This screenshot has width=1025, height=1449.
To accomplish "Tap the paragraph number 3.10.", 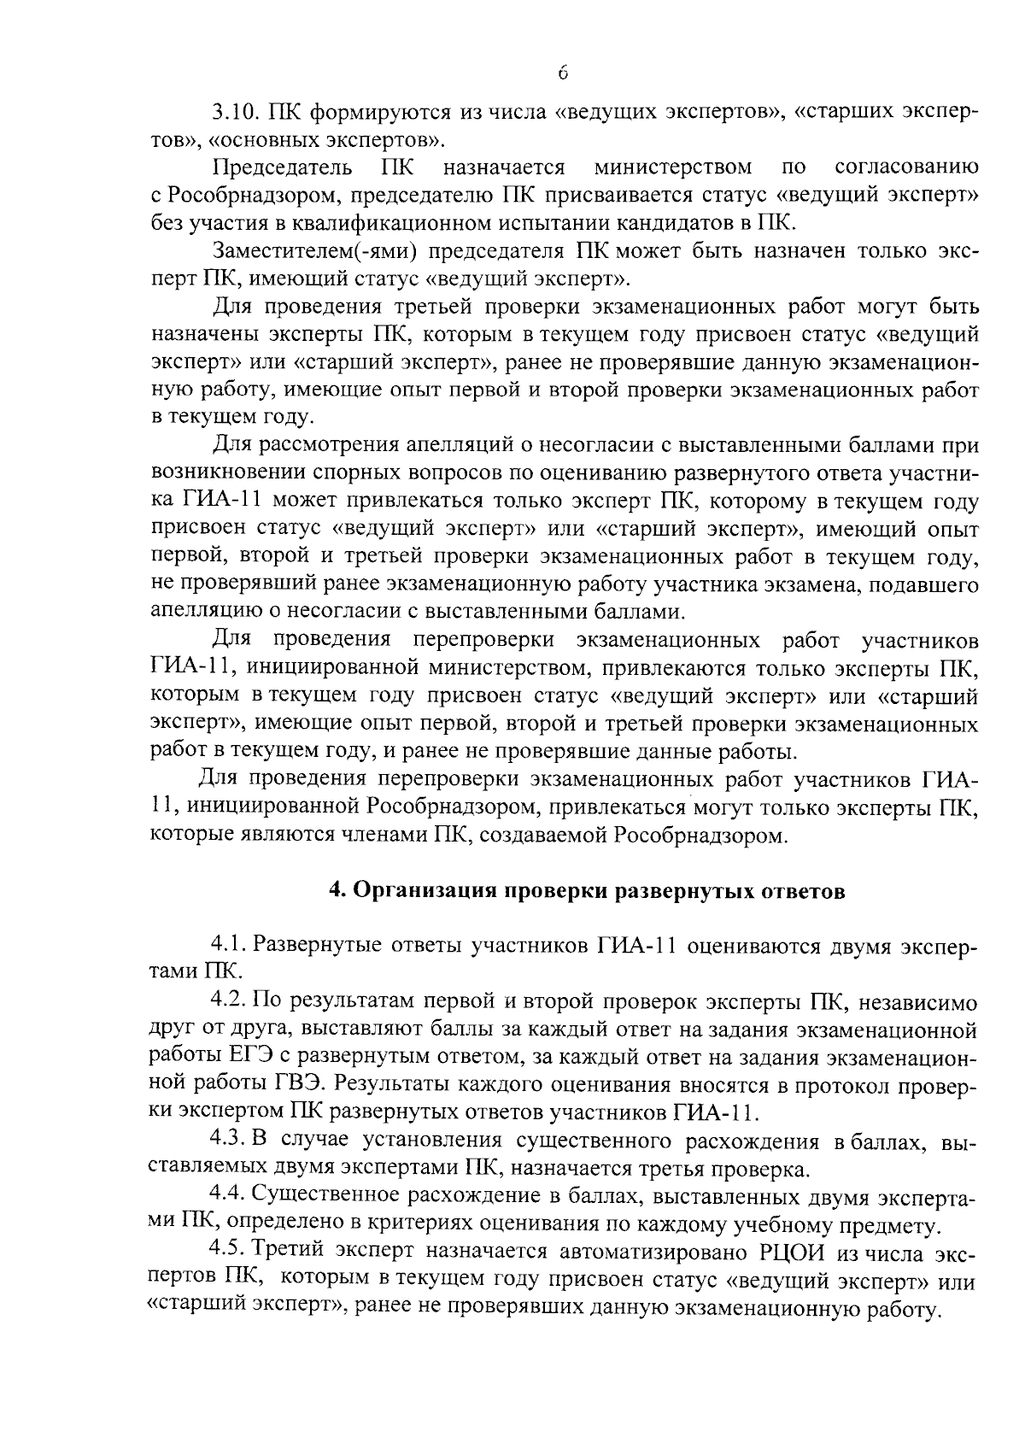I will coord(234,113).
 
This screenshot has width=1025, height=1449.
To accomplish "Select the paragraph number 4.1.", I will coord(230,946).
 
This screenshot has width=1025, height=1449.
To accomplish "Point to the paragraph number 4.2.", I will coord(230,1001).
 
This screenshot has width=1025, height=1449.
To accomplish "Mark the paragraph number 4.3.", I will coord(230,1141).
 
